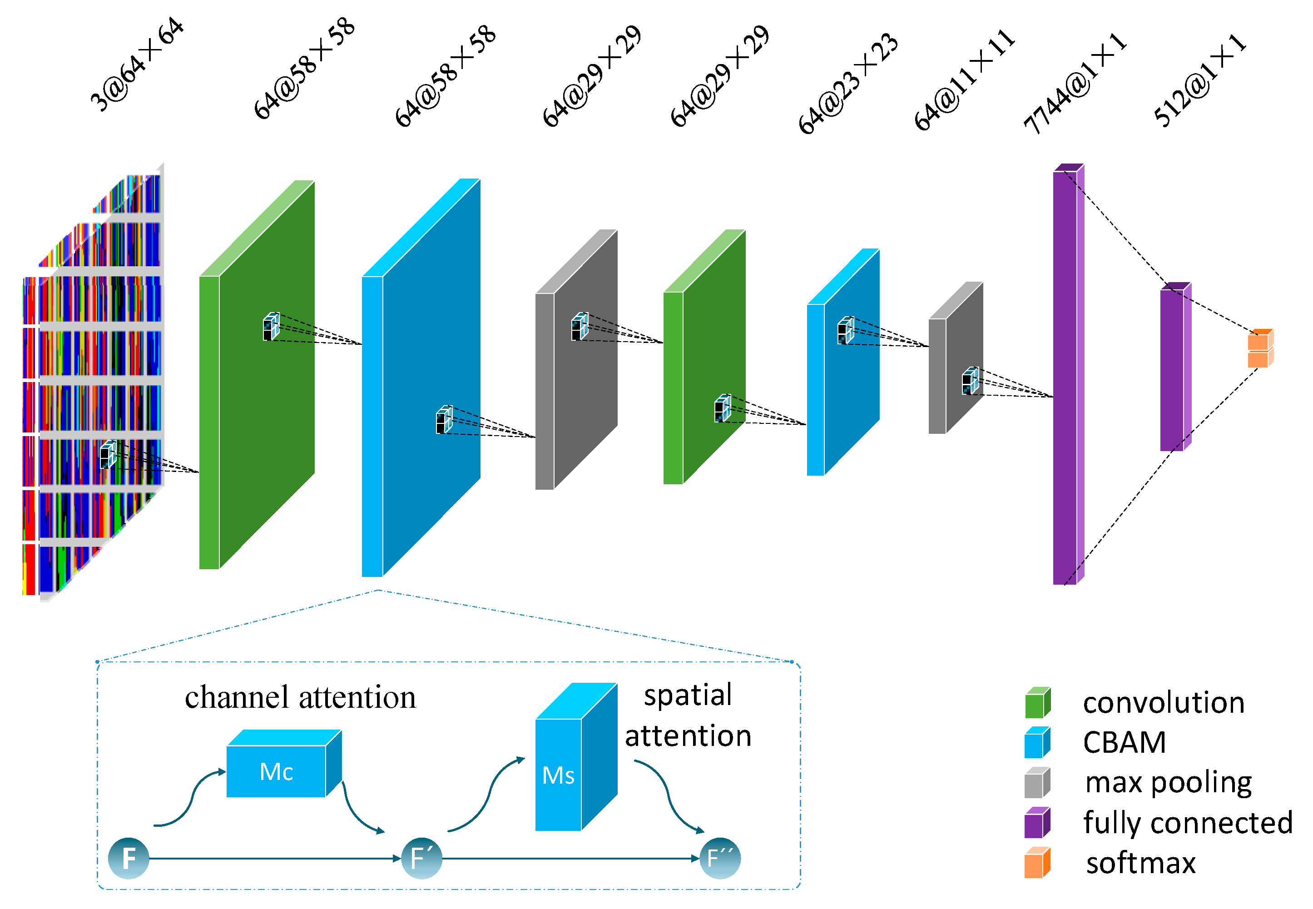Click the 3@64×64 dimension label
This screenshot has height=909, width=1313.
point(137,65)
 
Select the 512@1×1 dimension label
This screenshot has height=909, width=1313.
point(1200,80)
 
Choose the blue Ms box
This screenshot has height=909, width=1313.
point(576,757)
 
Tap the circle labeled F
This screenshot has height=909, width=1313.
point(129,858)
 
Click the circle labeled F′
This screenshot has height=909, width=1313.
point(421,858)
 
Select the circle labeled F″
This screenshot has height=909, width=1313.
point(720,858)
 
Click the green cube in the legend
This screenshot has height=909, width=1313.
point(1037,703)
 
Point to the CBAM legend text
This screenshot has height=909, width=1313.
point(1125,742)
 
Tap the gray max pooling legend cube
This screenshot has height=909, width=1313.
point(1037,783)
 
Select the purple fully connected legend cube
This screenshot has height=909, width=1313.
point(1037,822)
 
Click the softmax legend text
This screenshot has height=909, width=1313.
point(1141,863)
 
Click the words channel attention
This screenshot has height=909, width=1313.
point(301,697)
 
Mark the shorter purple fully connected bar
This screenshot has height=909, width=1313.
point(1176,366)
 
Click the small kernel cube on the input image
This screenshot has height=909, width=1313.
point(108,454)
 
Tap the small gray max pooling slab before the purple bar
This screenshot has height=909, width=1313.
point(956,358)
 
